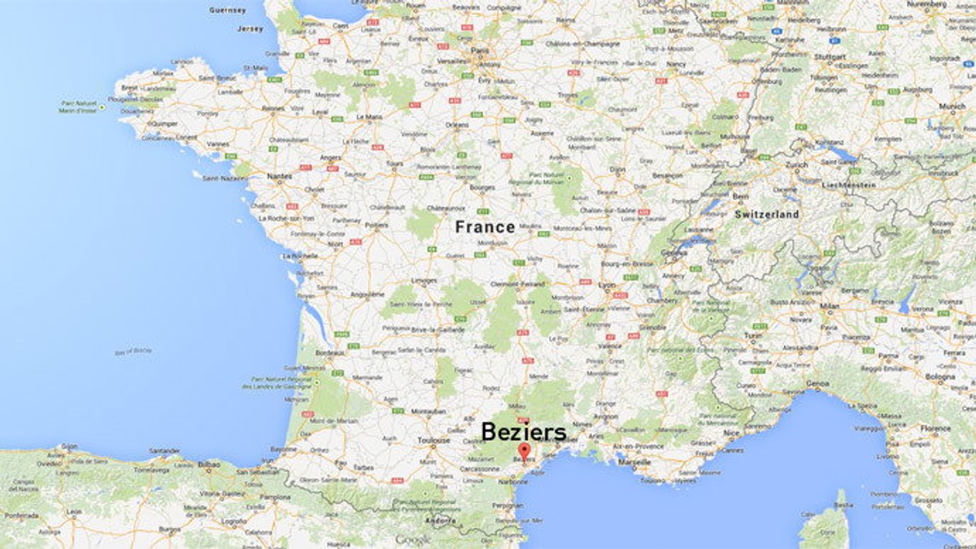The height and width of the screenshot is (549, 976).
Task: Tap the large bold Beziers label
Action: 524,431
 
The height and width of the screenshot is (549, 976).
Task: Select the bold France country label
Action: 485,227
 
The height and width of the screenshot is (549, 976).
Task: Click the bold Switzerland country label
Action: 767,215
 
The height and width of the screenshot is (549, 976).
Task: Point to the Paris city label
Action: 479,50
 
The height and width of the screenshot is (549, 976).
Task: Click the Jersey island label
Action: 251,28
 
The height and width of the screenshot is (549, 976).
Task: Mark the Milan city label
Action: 830,305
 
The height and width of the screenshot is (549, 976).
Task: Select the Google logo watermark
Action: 414,538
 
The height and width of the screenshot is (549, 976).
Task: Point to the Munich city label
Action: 952,106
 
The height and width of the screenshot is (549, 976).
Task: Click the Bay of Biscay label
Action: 133,351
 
